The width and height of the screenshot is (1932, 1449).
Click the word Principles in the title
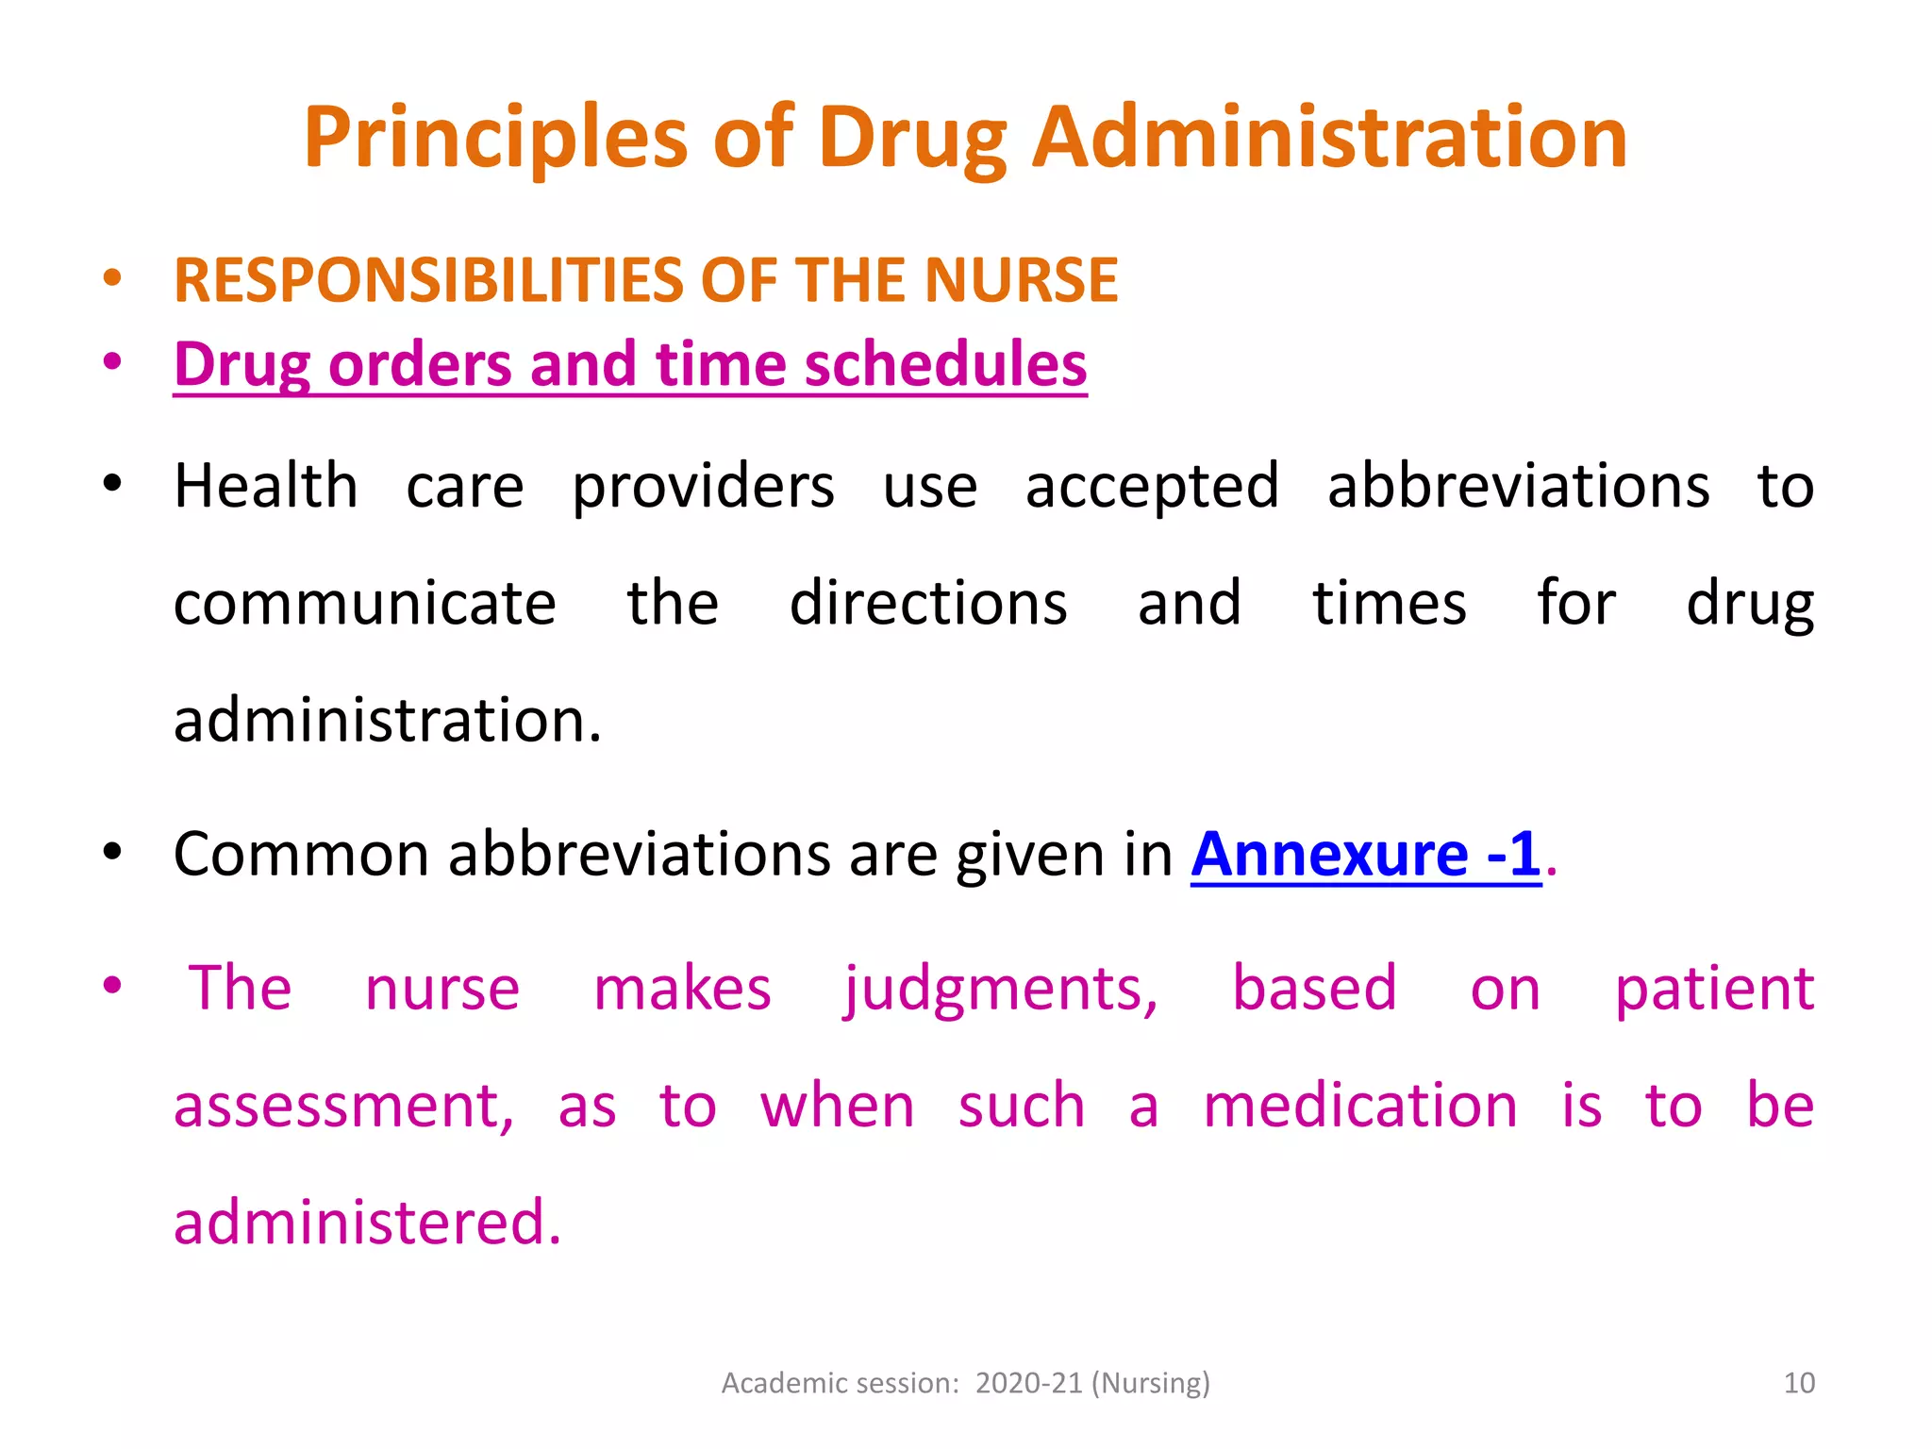(x=496, y=139)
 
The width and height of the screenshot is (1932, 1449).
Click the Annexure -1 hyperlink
(x=1365, y=855)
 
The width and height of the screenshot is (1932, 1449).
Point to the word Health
(x=266, y=487)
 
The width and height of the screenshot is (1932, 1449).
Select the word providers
(x=703, y=489)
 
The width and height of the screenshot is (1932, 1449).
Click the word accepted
(x=1152, y=489)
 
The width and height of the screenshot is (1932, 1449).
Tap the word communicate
(x=365, y=604)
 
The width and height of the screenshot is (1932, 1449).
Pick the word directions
(x=928, y=604)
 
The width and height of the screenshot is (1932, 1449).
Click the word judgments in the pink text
(x=1000, y=991)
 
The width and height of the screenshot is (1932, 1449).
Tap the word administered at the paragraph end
(x=367, y=1223)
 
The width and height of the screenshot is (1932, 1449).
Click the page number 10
(x=1799, y=1383)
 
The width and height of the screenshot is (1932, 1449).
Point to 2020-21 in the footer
(x=1028, y=1383)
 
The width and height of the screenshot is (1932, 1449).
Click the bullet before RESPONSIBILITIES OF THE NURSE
(x=112, y=278)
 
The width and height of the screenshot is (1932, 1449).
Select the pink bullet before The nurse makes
(x=112, y=986)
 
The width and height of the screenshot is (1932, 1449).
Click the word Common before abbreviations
(x=301, y=855)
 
